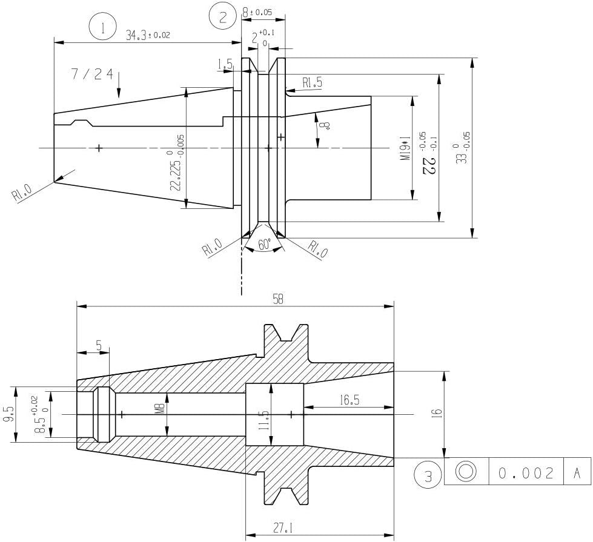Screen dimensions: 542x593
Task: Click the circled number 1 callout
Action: [x=102, y=27]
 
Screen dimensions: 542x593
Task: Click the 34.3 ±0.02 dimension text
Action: [x=148, y=35]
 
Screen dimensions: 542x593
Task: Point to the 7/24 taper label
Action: [x=92, y=74]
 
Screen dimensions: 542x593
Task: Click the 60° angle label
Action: [x=264, y=244]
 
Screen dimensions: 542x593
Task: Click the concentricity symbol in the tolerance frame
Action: [x=466, y=472]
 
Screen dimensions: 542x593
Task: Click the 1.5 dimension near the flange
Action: [x=225, y=64]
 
